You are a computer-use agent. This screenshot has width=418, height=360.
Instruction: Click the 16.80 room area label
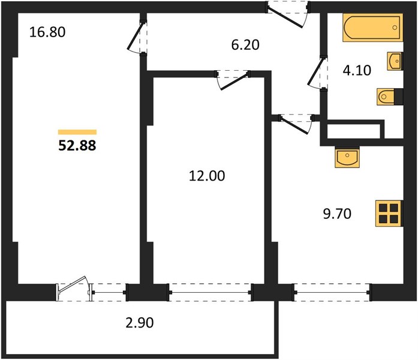click(47, 32)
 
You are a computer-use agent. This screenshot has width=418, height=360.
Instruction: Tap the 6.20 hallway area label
click(245, 45)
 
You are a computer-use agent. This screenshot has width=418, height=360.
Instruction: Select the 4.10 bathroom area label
click(357, 70)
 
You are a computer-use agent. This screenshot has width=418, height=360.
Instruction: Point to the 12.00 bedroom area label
click(207, 176)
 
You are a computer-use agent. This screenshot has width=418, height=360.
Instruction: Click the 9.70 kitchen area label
click(337, 214)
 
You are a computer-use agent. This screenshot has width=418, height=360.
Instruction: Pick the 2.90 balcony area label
click(140, 323)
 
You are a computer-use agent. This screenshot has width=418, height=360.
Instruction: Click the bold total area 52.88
click(77, 146)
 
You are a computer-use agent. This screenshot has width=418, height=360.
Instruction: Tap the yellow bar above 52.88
click(77, 132)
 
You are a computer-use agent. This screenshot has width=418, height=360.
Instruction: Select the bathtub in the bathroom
click(372, 28)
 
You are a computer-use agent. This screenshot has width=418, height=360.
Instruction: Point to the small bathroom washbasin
click(395, 61)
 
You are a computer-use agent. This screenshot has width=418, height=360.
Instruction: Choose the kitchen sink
click(347, 157)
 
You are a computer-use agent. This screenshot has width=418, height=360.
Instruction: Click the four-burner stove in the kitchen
click(389, 214)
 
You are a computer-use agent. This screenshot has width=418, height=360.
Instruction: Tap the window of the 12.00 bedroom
click(210, 293)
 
